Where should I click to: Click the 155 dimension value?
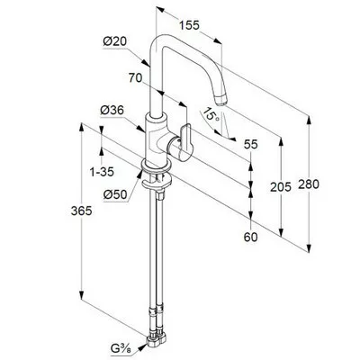pyautogui.click(x=189, y=25)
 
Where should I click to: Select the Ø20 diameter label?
pyautogui.click(x=115, y=41)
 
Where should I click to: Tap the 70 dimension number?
pyautogui.click(x=135, y=78)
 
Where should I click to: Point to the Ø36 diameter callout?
pyautogui.click(x=112, y=111)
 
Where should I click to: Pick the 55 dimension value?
pyautogui.click(x=251, y=144)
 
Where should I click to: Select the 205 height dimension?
pyautogui.click(x=281, y=187)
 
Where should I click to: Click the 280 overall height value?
pyautogui.click(x=309, y=184)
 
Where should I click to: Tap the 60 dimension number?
pyautogui.click(x=251, y=238)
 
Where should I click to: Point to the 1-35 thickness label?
pyautogui.click(x=102, y=172)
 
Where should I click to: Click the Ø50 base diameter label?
pyautogui.click(x=115, y=195)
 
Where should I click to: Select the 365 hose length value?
pyautogui.click(x=81, y=211)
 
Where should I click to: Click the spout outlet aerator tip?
pyautogui.click(x=220, y=101)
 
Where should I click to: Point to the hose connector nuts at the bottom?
pyautogui.click(x=157, y=338)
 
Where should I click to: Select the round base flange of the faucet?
pyautogui.click(x=156, y=166)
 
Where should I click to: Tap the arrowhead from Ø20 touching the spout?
pyautogui.click(x=146, y=62)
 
